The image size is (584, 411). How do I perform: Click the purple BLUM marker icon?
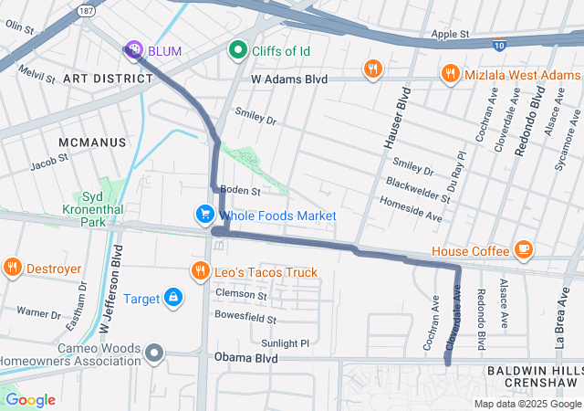coord(134,50)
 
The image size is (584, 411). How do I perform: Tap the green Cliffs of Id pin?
coord(239,50)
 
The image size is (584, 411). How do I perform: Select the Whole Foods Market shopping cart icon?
coord(204,215)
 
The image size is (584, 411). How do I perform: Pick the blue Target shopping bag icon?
coord(172,298)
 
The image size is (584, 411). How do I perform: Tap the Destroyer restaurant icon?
coord(12,269)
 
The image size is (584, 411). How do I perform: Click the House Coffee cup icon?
coord(523,250)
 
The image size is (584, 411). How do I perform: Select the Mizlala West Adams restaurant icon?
coord(449,72)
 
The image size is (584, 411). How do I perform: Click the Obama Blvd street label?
coord(245,358)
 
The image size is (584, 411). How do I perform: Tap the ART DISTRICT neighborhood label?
coord(108,79)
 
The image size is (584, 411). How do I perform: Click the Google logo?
coord(30,399)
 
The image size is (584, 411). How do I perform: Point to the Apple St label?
coord(450,34)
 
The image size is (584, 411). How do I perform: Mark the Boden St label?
coord(243,191)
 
